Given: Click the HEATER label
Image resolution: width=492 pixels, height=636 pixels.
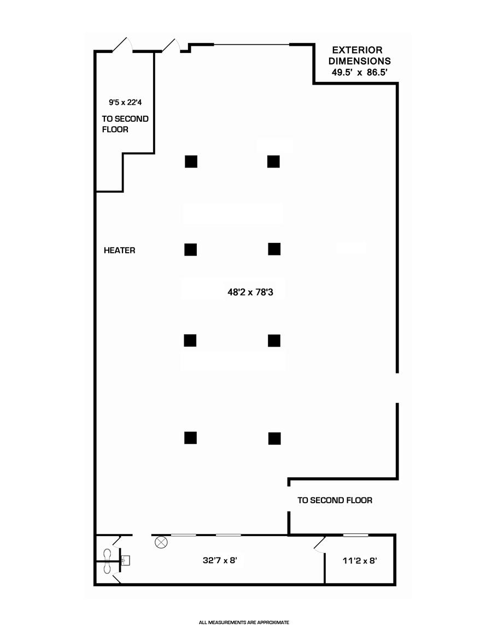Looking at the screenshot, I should tap(119, 251).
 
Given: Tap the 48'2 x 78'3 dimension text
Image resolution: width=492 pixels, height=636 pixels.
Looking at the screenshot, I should tap(250, 292).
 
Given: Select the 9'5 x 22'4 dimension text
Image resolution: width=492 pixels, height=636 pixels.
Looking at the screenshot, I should tap(125, 102).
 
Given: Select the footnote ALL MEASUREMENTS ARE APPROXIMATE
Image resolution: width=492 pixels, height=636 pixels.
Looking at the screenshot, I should tap(244, 622).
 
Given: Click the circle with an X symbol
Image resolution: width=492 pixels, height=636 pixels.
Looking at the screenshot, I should tap(161, 543).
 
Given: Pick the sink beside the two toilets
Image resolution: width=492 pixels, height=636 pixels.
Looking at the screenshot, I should tap(126, 560).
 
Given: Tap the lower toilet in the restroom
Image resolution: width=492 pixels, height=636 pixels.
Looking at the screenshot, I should tap(107, 568).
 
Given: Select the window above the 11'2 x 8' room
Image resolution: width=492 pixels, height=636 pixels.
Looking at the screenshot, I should tap(355, 535).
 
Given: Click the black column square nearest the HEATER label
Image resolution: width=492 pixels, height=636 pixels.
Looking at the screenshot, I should tap(190, 249).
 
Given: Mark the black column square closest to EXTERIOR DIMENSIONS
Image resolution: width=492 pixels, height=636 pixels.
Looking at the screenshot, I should tap(273, 162).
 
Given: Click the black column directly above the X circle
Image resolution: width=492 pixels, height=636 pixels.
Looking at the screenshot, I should tap(190, 437).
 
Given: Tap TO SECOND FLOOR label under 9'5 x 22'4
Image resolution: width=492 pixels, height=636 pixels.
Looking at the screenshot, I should tap(125, 124).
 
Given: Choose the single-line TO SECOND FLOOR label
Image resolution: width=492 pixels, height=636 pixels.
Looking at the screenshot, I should tap(335, 500).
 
